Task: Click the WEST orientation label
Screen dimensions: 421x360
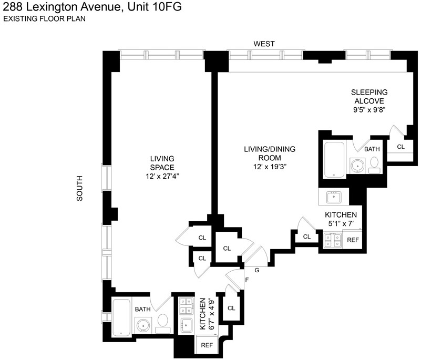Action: tap(264, 44)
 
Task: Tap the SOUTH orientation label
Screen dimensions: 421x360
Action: tap(80, 188)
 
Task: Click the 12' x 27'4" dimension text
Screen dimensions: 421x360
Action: tap(162, 177)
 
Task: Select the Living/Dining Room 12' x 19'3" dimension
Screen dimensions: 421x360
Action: tap(270, 167)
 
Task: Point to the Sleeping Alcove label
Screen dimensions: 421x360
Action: tap(369, 97)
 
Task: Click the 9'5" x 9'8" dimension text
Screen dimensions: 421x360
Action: tap(369, 110)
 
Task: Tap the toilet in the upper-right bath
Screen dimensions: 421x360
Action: tap(374, 166)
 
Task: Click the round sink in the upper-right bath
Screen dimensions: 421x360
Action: tap(357, 166)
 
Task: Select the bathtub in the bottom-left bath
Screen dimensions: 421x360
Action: tap(121, 317)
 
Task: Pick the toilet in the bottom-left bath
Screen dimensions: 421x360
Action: tap(163, 324)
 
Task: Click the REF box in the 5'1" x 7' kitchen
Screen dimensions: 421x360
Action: tap(353, 240)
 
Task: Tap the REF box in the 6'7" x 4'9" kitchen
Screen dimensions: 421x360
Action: tap(207, 345)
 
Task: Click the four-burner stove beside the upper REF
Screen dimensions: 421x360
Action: tap(333, 240)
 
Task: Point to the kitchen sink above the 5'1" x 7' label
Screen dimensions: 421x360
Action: tap(334, 197)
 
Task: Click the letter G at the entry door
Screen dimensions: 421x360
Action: tap(257, 270)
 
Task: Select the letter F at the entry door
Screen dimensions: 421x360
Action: tap(247, 280)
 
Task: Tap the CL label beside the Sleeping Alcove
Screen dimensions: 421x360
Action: tap(401, 147)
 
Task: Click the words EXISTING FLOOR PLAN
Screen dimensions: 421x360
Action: tap(44, 19)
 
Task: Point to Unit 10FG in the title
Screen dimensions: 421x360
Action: tap(155, 7)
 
